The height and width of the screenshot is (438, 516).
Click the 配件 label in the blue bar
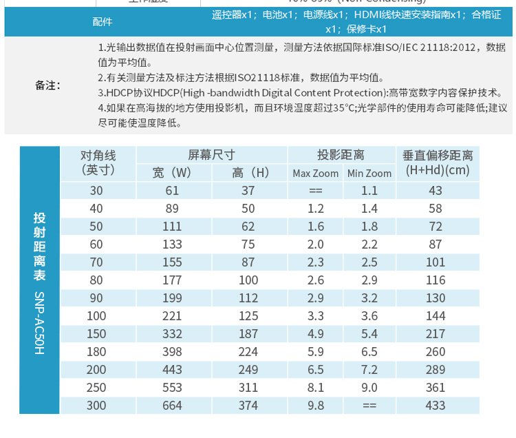pos(103,21)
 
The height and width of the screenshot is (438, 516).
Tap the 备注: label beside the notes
pos(48,85)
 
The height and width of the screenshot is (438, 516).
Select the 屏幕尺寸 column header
pos(212,155)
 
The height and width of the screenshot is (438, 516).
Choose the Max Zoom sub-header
pos(316,173)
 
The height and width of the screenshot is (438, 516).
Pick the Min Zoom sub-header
pos(369,173)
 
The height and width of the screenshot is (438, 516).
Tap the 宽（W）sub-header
pos(172,172)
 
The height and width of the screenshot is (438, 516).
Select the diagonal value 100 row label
pos(96,316)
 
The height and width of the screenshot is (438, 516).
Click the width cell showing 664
pos(172,406)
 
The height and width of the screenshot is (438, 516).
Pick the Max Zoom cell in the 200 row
pos(316,370)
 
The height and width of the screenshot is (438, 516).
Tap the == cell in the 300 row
pos(369,406)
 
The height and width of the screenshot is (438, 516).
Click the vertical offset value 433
pos(436,406)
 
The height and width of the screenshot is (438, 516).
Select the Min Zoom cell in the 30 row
pos(369,191)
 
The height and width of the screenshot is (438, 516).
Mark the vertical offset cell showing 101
pos(436,262)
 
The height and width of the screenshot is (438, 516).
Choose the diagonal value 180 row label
pos(96,352)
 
